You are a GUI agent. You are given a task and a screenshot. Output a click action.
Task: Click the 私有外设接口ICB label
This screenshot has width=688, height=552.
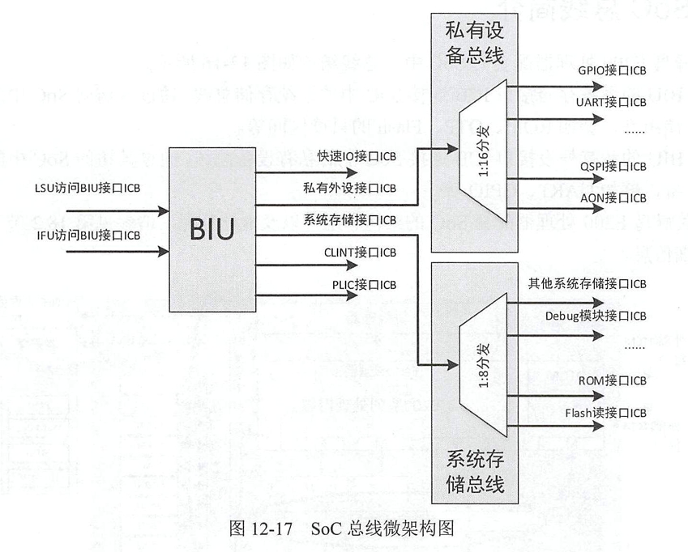pos(350,188)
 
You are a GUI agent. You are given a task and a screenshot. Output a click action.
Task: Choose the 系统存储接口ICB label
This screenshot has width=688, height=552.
pos(350,219)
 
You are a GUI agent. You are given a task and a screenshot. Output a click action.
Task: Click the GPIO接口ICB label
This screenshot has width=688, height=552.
pos(612,70)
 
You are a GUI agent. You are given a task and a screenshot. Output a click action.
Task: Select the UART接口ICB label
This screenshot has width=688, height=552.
pos(612,103)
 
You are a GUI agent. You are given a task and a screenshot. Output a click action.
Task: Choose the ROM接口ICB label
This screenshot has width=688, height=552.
pos(612,380)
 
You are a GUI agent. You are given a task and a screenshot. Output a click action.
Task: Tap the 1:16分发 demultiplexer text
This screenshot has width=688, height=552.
pos(481,151)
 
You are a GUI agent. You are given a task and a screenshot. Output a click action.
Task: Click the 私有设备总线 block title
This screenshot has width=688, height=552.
pos(475,44)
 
